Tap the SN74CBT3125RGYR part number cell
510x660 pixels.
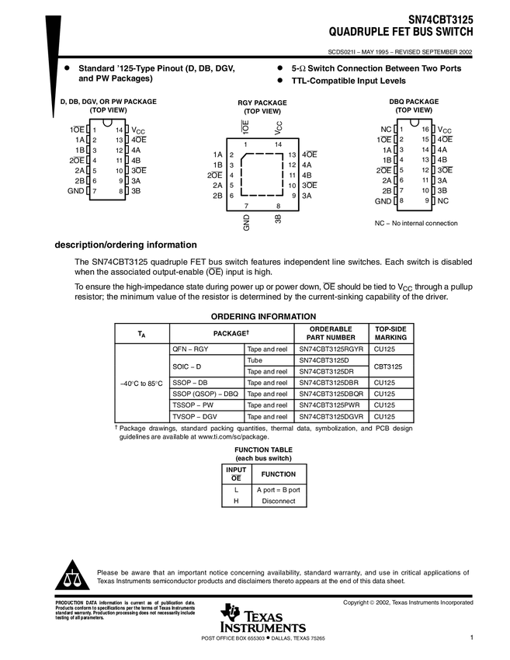(x=331, y=349)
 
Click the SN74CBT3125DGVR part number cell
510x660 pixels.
(x=331, y=416)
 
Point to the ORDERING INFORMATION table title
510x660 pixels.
(x=263, y=316)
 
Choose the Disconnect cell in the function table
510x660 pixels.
(x=278, y=501)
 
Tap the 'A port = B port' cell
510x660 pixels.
(x=278, y=490)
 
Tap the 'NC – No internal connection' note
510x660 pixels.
(x=416, y=223)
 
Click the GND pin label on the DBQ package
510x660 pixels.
(x=383, y=201)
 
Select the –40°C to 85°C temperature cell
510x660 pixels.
(x=141, y=383)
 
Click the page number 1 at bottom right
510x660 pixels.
(x=471, y=637)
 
